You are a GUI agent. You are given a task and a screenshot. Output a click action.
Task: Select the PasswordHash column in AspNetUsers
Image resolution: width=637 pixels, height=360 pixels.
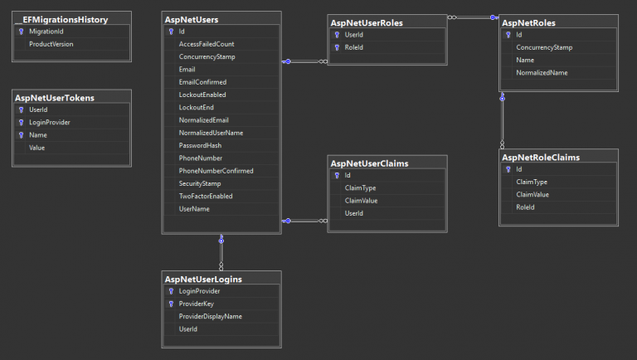click(200, 145)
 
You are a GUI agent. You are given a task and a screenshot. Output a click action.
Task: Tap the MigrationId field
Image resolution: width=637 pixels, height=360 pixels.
click(46, 32)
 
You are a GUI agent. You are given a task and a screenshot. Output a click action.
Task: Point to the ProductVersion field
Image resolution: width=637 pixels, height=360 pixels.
click(51, 44)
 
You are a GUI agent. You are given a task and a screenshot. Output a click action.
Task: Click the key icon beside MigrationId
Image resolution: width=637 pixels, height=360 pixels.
click(21, 32)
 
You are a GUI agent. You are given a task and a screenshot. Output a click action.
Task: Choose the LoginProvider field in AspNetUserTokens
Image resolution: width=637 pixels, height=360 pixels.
click(49, 122)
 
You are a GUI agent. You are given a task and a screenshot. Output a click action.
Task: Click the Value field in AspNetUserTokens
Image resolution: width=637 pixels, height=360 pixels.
click(36, 148)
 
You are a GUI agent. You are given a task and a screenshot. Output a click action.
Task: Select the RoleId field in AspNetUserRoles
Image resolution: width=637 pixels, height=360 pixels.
click(354, 47)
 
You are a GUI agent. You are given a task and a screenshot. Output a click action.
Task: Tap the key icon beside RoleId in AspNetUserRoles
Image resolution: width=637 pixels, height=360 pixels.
click(337, 47)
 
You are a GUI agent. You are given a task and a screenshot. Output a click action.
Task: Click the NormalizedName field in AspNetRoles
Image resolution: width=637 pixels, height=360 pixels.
click(542, 73)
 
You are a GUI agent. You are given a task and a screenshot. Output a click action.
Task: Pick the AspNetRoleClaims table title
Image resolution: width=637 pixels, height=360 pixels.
click(540, 158)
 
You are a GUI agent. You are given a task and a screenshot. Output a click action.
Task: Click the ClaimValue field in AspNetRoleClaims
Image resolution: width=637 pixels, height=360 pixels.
click(532, 195)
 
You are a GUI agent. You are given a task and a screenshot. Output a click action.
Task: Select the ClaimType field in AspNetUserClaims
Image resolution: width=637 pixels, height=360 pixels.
click(360, 187)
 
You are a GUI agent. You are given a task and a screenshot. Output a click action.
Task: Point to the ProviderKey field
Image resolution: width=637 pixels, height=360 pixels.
click(196, 304)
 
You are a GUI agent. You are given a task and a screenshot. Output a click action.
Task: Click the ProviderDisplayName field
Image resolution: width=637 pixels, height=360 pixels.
click(210, 316)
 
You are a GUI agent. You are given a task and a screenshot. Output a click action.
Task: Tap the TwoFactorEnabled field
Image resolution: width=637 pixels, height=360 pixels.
click(206, 196)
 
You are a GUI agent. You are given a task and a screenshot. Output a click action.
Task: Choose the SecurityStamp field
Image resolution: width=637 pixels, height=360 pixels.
click(199, 183)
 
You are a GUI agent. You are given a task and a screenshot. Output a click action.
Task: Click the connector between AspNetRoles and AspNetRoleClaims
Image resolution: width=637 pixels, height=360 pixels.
click(503, 120)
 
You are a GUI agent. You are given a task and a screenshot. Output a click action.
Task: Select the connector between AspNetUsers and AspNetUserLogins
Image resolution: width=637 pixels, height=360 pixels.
click(221, 252)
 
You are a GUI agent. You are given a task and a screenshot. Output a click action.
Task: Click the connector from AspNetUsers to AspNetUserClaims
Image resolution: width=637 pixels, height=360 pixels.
click(304, 221)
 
